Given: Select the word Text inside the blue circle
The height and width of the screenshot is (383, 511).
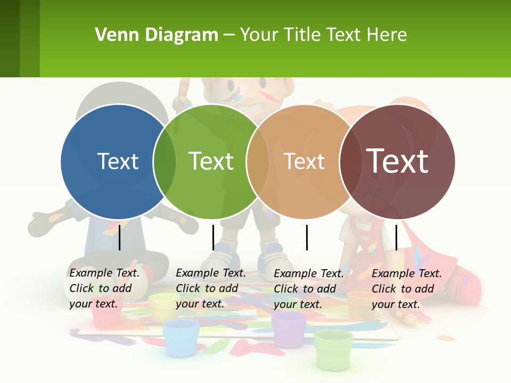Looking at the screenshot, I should [x=118, y=161].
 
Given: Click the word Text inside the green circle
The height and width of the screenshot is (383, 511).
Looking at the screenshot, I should [x=211, y=161].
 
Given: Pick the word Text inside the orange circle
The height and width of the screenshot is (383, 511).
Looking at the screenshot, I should [x=304, y=161].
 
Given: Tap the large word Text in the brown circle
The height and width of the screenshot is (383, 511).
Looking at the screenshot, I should [x=398, y=161].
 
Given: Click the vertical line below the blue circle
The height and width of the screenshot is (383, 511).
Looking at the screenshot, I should [x=120, y=237].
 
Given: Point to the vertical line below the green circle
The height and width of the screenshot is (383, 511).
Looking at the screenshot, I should [x=213, y=237].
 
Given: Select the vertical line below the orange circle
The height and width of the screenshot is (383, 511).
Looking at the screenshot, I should [x=307, y=237].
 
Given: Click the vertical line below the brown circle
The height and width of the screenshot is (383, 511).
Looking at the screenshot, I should [x=397, y=237].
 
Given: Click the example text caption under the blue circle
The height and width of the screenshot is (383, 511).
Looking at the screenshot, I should [x=104, y=288].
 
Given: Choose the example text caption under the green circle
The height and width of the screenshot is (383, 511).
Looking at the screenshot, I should [x=211, y=288].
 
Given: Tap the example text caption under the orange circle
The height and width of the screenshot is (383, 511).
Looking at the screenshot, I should [x=309, y=289].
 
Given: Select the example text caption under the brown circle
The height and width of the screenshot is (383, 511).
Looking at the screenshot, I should [x=407, y=289].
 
